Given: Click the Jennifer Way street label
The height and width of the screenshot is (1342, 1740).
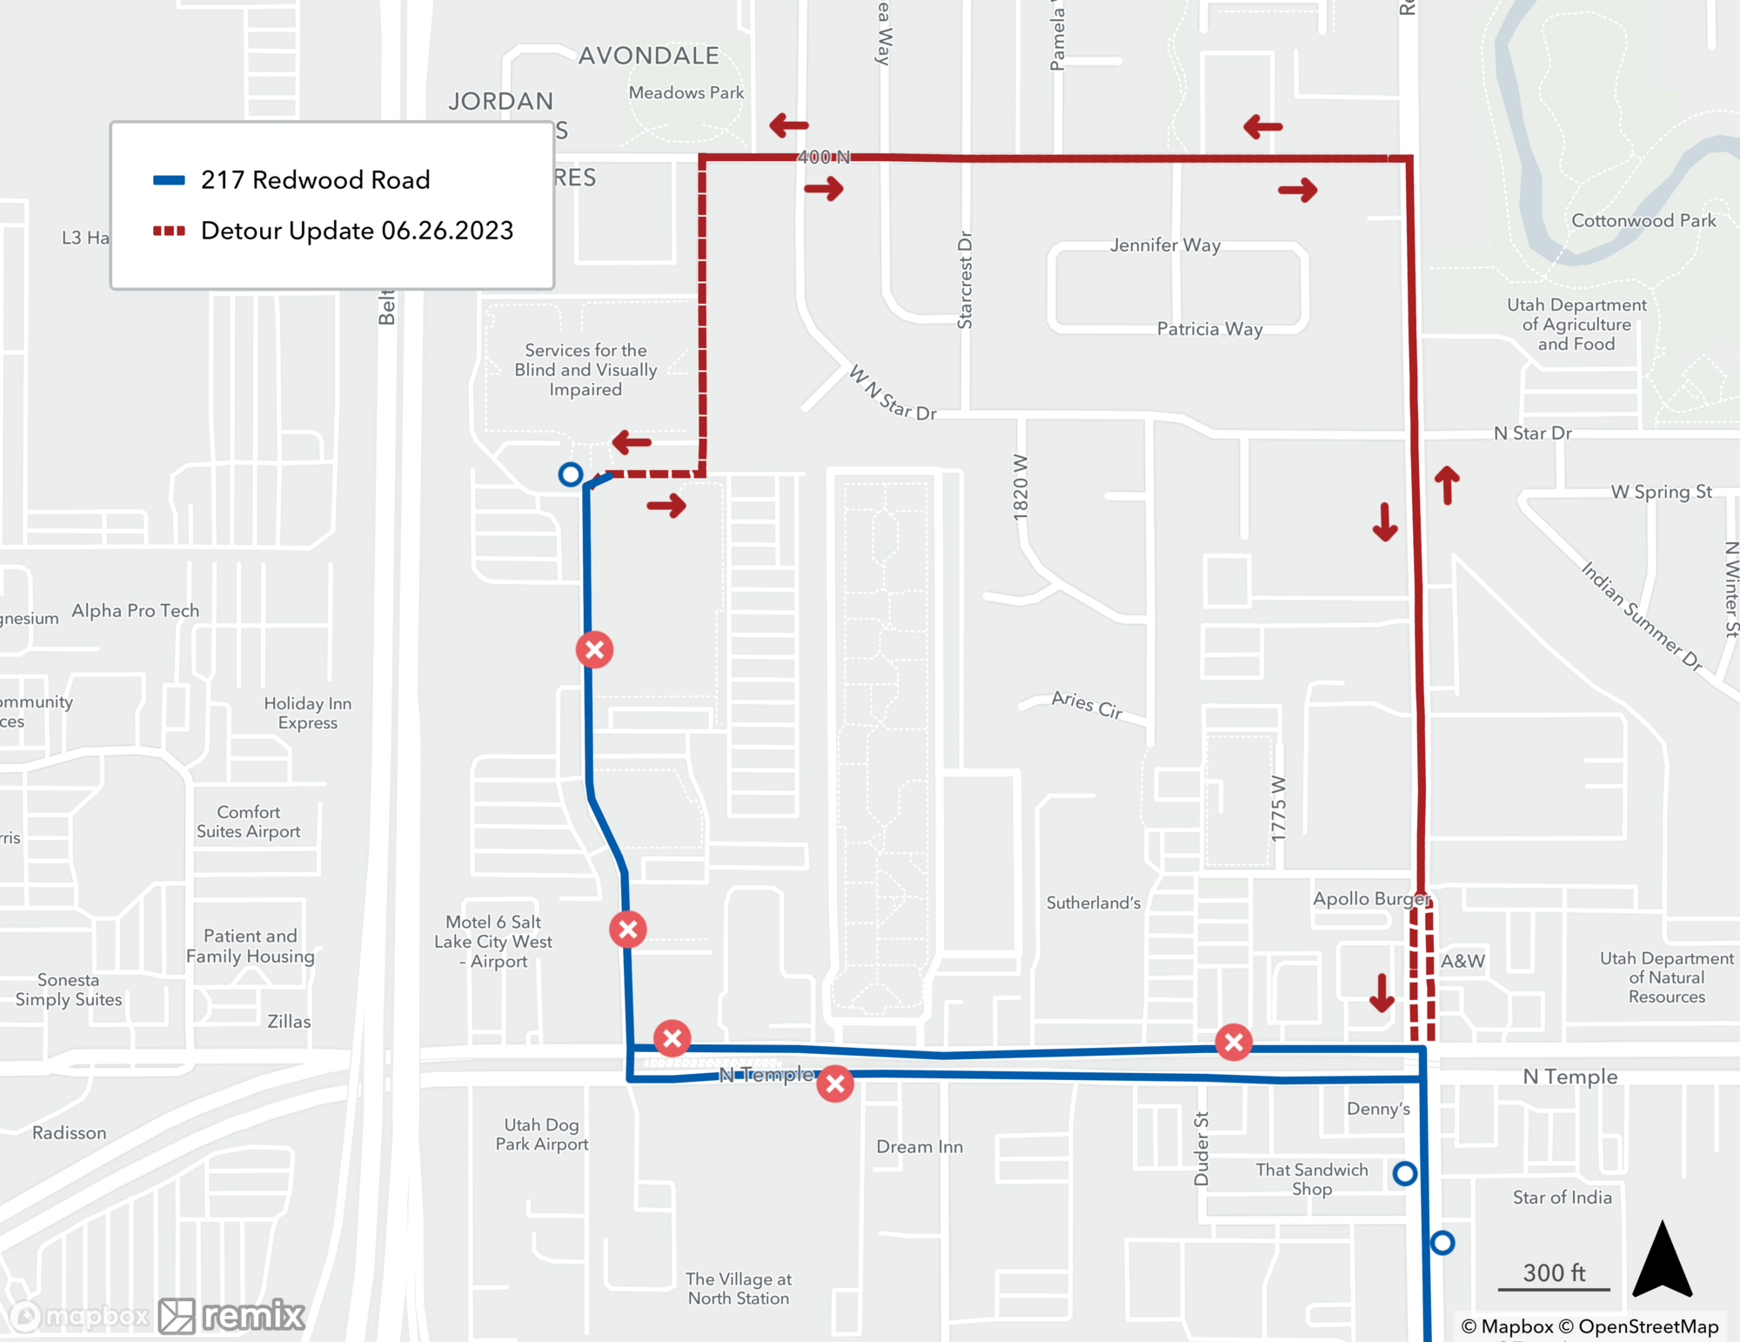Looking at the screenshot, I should [1165, 245].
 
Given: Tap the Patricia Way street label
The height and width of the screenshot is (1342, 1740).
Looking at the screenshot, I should [1209, 329].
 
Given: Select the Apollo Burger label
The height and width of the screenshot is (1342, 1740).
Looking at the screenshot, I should [1370, 899].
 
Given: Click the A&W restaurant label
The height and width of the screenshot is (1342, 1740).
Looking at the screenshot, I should [1462, 962].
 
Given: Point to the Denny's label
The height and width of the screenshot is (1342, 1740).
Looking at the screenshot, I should [1378, 1109].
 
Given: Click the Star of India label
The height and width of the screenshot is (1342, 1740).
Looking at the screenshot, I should [1562, 1198].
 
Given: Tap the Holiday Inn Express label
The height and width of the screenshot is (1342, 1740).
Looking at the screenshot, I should [307, 713].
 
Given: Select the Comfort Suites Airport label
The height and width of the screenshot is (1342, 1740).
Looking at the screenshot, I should [249, 822].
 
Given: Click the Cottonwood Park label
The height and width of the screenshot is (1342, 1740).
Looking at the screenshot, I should [1643, 221].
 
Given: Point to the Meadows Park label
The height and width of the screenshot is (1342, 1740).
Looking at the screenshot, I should [686, 93].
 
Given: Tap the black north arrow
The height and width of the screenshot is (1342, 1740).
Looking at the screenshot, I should [1662, 1259].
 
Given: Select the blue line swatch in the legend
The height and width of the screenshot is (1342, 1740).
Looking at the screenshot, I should [169, 180].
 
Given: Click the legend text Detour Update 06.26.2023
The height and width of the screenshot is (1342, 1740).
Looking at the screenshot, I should [357, 231].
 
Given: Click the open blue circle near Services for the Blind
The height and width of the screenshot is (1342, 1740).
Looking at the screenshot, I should [571, 474].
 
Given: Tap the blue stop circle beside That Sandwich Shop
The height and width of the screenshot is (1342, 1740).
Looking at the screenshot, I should [1404, 1173].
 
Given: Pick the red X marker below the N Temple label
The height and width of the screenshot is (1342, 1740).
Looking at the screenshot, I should [835, 1084].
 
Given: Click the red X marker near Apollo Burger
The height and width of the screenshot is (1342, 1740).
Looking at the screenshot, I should [1234, 1042].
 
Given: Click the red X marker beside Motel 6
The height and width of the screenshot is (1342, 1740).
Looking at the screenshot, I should [627, 929].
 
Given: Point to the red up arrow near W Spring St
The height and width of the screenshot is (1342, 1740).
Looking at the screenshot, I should [1447, 485].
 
